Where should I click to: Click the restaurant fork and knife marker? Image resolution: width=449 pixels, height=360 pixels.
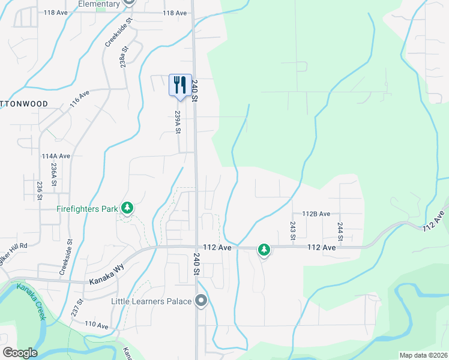pos(180,85)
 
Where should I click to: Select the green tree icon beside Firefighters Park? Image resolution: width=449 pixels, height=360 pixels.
pos(127,208)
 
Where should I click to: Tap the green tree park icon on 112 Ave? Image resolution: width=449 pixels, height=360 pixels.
pos(264,249)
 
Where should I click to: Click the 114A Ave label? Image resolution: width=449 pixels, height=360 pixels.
pos(56,156)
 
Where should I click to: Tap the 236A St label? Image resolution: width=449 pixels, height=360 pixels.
pos(54,175)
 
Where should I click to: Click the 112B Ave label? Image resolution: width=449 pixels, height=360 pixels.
pos(316,214)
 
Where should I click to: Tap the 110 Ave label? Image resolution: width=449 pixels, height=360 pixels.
pos(96,325)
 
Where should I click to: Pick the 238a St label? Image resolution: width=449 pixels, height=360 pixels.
pos(124,58)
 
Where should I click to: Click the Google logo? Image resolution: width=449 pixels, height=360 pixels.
pos(20,353)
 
